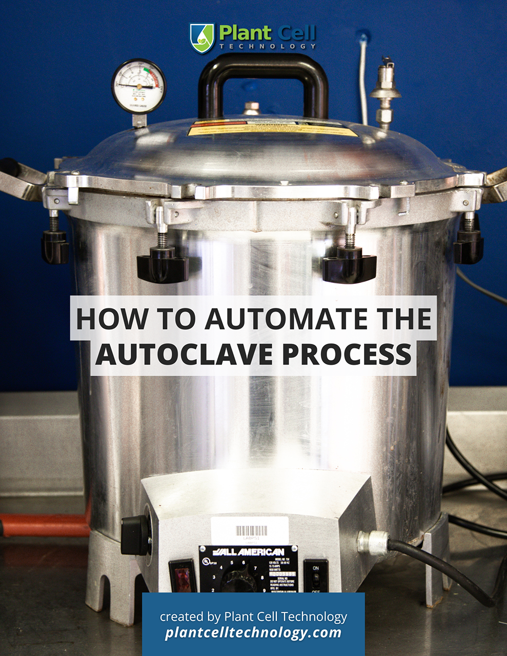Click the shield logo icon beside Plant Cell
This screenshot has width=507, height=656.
[201, 38]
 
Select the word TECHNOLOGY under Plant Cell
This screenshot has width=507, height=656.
[268, 46]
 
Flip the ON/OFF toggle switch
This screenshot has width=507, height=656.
[316, 581]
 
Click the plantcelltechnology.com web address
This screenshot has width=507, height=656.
[253, 633]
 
